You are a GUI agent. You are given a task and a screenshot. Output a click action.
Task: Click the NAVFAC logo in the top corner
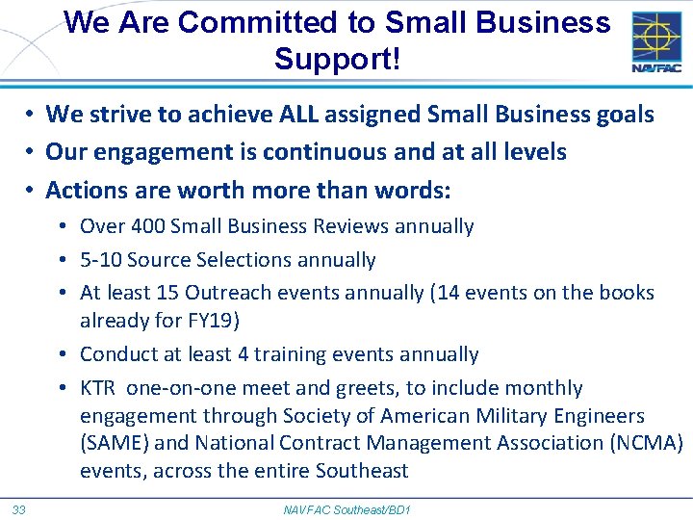(x=656, y=41)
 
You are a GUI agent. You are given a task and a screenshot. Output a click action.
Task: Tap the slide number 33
(x=19, y=508)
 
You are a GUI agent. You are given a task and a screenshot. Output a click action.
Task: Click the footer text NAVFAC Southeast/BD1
(x=346, y=508)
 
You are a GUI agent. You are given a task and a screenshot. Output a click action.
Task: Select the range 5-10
(x=100, y=260)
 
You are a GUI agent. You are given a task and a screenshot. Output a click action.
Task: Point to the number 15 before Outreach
(x=167, y=293)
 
